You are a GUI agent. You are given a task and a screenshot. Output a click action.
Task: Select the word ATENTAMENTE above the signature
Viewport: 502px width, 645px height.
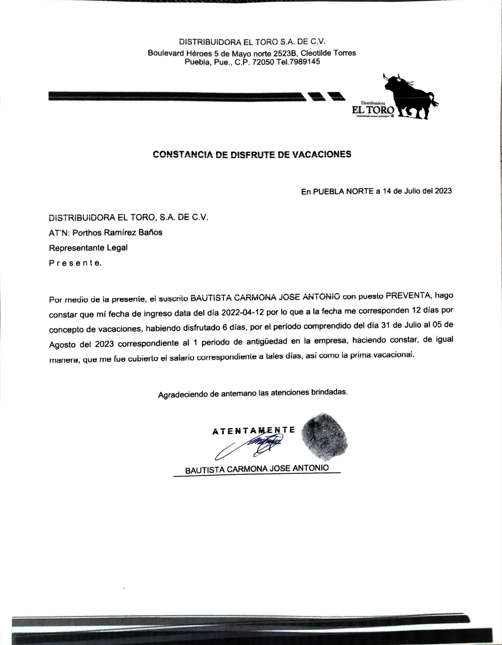click(254, 431)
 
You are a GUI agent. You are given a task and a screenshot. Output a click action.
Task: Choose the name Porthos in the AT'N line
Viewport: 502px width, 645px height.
click(86, 232)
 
